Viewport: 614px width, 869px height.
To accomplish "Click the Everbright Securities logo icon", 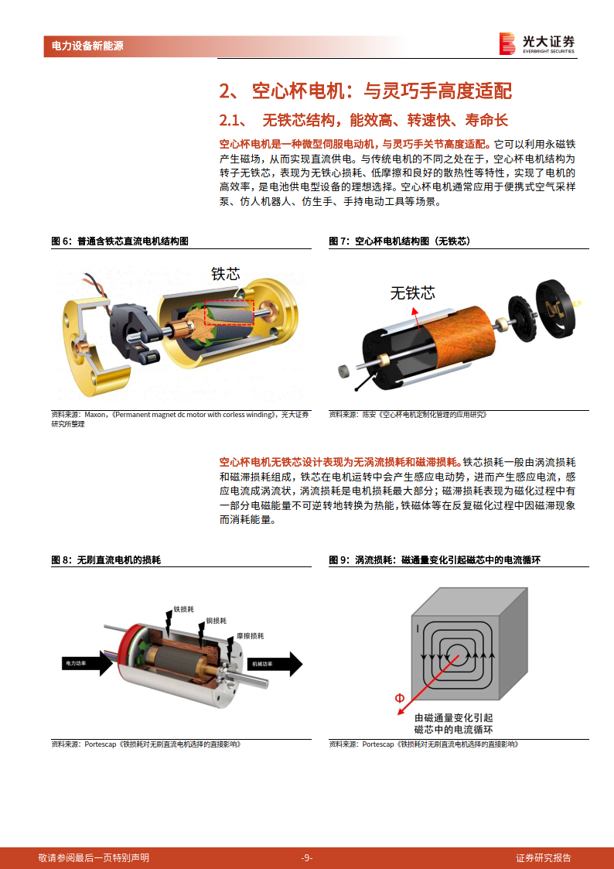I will [507, 44].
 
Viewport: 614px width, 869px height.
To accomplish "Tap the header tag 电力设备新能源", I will [87, 46].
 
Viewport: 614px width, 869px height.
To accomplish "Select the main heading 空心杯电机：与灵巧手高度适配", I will [365, 91].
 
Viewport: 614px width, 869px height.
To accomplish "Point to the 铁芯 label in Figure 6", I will [225, 273].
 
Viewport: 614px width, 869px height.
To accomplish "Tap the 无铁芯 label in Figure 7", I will [412, 293].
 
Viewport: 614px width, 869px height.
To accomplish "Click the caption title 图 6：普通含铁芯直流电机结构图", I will [120, 241].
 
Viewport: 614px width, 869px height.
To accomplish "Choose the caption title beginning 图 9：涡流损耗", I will [432, 559].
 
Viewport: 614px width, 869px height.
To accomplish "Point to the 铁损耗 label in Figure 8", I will [184, 609].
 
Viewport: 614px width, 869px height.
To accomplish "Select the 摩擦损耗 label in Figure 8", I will [250, 635].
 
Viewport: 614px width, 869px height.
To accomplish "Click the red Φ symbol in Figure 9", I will [399, 698].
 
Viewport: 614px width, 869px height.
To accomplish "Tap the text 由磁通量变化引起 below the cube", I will [453, 717].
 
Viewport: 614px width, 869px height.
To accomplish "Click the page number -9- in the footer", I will [306, 857].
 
